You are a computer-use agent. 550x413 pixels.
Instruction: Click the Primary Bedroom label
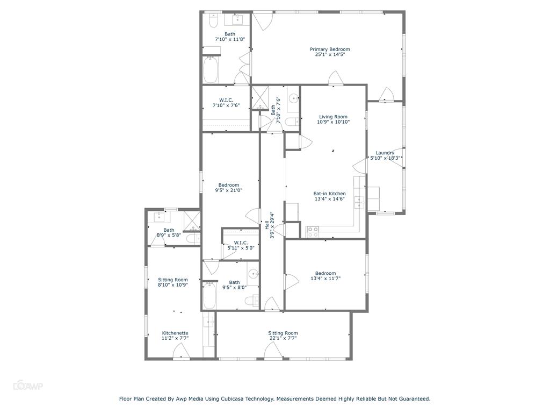(330, 49)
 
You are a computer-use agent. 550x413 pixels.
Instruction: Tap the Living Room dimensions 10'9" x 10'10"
(333, 122)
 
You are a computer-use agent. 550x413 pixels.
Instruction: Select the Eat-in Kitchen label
(330, 194)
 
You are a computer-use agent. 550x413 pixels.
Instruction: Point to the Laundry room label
(385, 153)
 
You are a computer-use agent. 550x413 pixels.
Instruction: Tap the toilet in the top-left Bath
(213, 22)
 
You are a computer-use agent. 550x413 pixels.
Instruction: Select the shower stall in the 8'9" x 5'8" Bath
(192, 221)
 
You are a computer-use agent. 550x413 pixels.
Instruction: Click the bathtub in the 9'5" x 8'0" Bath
(209, 295)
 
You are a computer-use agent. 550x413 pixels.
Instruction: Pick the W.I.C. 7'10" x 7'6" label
(226, 100)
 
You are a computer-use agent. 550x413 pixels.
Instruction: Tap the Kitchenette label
(175, 333)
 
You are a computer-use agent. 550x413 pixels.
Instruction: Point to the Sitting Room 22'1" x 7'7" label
(283, 333)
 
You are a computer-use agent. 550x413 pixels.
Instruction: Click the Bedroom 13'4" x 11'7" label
(325, 273)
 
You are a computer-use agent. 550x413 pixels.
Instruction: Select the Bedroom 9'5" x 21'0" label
(229, 185)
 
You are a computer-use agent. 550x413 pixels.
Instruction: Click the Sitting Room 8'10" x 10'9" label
(173, 280)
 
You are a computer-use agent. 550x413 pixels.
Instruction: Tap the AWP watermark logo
(27, 386)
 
